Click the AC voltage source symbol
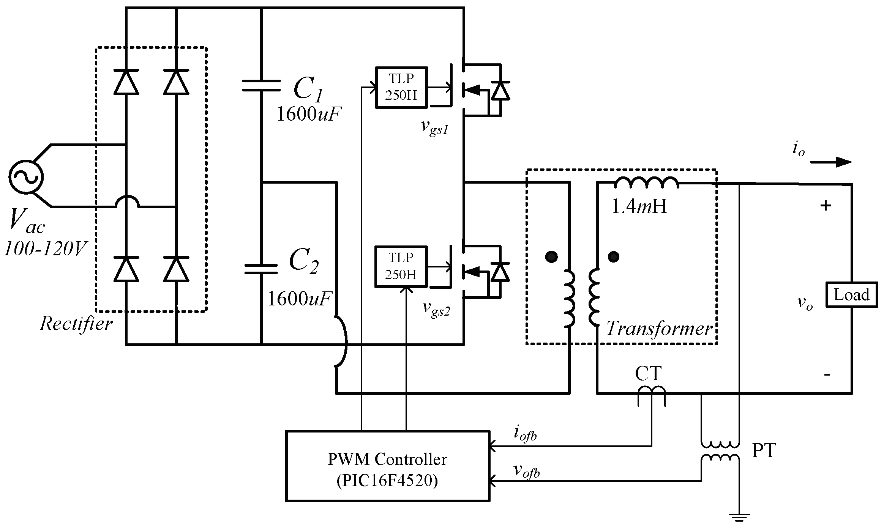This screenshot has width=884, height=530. [26, 177]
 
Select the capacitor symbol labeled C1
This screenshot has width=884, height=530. [261, 86]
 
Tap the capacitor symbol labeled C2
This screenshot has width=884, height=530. [261, 269]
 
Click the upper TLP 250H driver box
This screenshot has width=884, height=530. [401, 88]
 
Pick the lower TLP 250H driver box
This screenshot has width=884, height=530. [401, 267]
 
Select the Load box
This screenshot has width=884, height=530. [851, 295]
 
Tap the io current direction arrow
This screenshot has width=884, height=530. [831, 162]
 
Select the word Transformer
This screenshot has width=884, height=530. [659, 329]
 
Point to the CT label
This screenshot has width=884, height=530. [648, 374]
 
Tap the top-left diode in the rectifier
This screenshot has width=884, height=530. [126, 82]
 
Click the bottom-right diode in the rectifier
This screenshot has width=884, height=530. [176, 269]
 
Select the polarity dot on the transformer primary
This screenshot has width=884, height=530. [551, 257]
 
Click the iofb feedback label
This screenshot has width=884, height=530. [525, 434]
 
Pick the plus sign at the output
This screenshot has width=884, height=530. [826, 206]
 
